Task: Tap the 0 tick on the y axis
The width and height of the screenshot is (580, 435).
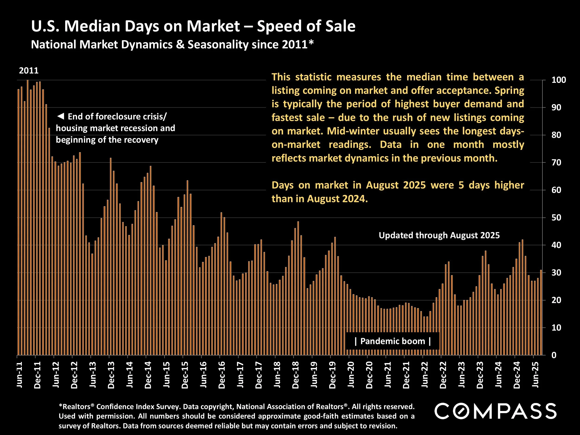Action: pyautogui.click(x=554, y=355)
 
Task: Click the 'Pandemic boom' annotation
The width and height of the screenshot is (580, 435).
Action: pyautogui.click(x=393, y=341)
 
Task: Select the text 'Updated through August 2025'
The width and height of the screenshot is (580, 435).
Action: pyautogui.click(x=439, y=235)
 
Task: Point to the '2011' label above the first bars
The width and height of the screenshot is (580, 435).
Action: pyautogui.click(x=29, y=71)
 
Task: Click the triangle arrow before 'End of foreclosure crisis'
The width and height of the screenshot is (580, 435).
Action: pyautogui.click(x=61, y=116)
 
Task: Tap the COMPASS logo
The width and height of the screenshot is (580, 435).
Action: pyautogui.click(x=495, y=411)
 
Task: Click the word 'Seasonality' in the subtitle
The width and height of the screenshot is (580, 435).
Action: pyautogui.click(x=217, y=45)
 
